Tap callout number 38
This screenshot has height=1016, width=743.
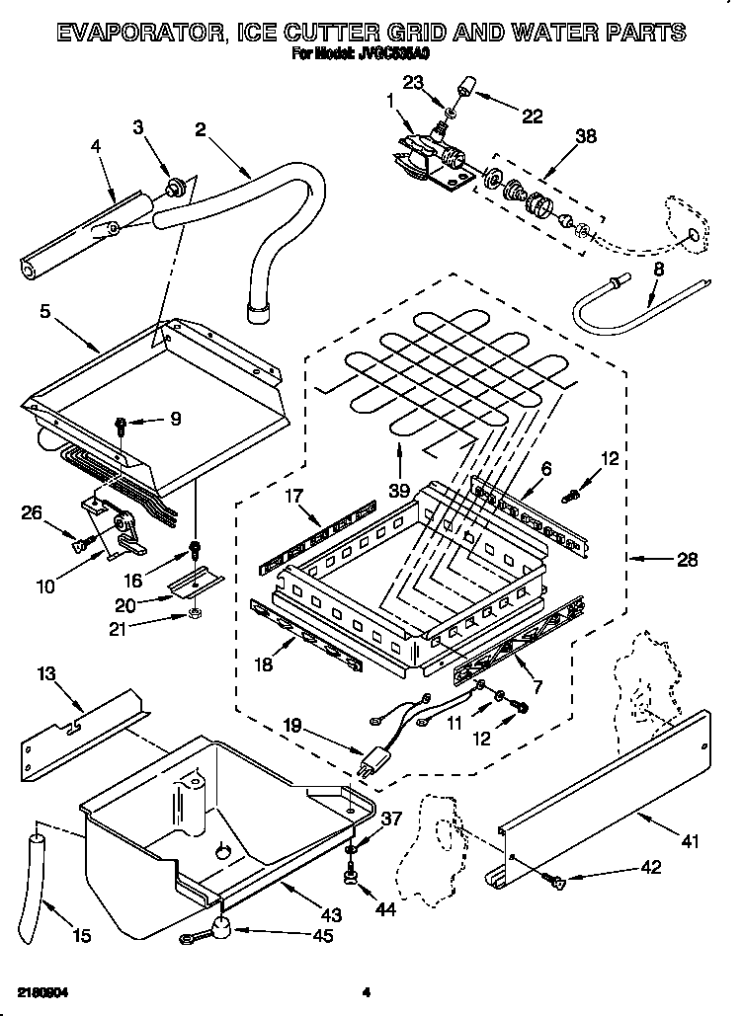pos(586,139)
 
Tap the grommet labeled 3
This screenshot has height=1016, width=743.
pos(178,186)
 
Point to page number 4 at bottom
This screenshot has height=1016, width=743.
pos(365,991)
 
